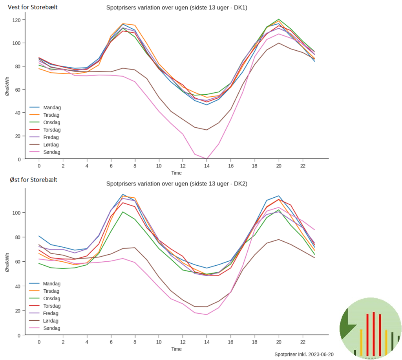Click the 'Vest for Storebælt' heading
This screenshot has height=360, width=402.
[33, 7]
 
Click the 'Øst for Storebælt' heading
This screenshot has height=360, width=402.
[34, 180]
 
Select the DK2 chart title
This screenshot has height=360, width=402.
[176, 184]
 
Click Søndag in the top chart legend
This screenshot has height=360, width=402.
[51, 152]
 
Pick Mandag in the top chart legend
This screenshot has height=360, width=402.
[51, 107]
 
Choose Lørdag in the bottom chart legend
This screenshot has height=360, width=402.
[51, 321]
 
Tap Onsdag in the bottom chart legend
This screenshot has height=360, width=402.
[51, 298]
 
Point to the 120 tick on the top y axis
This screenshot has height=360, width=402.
[18, 20]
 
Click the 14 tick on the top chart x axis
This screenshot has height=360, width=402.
[207, 165]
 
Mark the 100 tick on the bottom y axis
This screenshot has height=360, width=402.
[18, 213]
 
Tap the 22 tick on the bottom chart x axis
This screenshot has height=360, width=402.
[303, 342]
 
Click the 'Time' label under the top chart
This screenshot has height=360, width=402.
[176, 173]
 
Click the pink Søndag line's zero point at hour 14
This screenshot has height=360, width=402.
[207, 159]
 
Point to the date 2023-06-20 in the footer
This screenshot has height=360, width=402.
[318, 354]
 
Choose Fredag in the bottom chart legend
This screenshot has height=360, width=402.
[51, 313]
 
